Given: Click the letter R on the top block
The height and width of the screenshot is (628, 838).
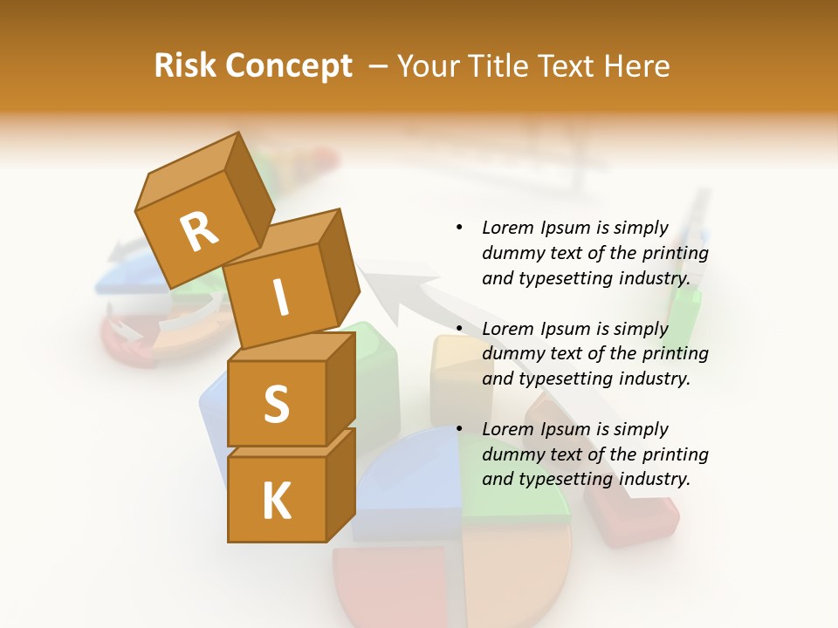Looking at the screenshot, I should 199,232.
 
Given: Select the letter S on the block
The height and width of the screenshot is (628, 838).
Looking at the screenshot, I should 276,403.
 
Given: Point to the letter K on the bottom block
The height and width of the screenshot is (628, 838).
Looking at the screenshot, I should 276,501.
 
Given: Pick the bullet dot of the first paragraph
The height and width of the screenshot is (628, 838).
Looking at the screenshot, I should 459,228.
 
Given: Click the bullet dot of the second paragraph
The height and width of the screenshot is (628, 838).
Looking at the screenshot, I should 459,329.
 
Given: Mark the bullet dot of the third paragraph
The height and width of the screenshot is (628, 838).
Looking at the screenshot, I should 459,429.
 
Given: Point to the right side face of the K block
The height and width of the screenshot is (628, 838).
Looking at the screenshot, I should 340,484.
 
